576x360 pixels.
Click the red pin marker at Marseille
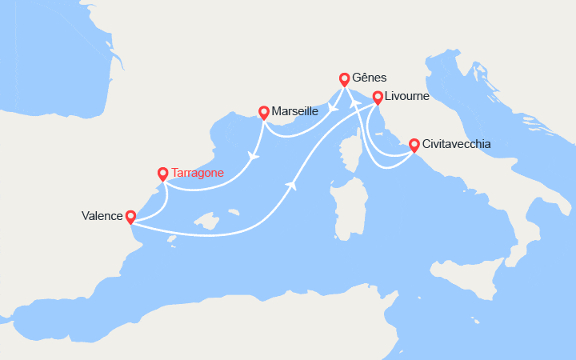[263, 113]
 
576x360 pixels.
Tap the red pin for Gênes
[345, 79]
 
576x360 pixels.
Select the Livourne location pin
[377, 98]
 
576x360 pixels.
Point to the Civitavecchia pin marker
[414, 146]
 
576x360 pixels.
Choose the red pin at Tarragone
[163, 173]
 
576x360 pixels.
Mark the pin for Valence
[131, 217]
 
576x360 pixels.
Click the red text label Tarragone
[198, 173]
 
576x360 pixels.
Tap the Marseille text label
[295, 112]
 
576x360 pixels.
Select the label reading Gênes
[370, 78]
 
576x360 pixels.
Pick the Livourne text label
[407, 97]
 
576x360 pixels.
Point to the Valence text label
[102, 216]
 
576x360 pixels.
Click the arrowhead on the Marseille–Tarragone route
[254, 156]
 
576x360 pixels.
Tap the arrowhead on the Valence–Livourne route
[290, 185]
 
